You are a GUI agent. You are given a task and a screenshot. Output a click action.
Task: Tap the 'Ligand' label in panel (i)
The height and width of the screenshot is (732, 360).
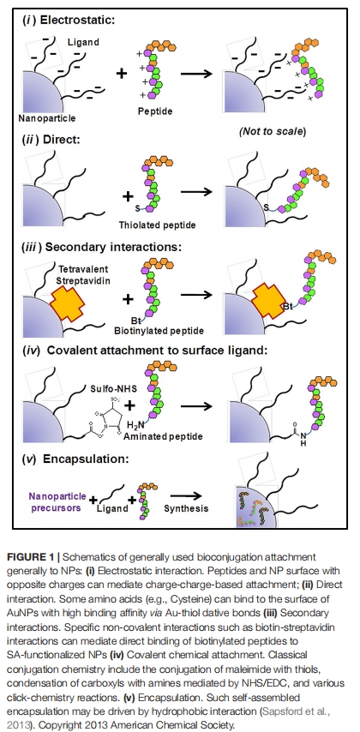(x=84, y=42)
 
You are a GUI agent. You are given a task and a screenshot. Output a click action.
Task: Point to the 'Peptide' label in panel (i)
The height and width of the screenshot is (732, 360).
(x=155, y=111)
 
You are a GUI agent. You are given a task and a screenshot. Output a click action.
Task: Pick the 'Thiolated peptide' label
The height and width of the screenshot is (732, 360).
(x=157, y=225)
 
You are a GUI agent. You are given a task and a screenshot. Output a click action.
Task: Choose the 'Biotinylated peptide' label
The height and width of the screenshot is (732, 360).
(x=159, y=331)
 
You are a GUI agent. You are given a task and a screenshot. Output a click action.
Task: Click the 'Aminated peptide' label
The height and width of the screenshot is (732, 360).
(x=163, y=436)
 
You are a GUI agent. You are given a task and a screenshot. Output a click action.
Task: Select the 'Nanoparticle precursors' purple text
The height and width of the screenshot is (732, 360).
(x=56, y=503)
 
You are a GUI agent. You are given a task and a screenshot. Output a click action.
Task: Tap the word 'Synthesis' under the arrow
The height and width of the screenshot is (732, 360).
(x=186, y=508)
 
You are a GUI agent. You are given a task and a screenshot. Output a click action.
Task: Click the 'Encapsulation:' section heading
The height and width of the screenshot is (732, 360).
(x=86, y=459)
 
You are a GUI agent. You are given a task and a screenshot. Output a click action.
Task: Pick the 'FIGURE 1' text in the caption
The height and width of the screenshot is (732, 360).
(x=31, y=557)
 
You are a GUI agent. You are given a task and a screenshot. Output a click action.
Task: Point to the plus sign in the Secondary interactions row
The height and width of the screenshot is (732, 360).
(x=128, y=298)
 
